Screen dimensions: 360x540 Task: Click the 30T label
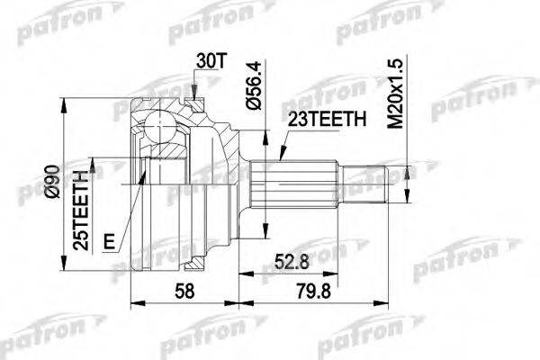(x=208, y=63)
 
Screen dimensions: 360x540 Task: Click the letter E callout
(x=109, y=240)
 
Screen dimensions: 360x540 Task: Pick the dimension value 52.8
(x=295, y=262)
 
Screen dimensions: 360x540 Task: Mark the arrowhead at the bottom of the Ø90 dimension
(x=62, y=266)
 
